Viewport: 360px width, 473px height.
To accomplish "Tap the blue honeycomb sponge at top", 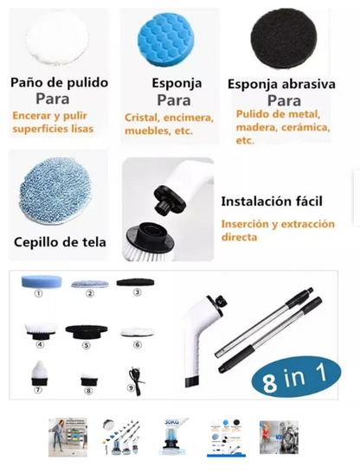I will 169,37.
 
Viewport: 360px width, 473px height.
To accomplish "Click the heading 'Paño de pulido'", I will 59,83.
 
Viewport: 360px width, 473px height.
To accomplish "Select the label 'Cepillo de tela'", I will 60,242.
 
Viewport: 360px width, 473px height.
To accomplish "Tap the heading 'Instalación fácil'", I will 272,201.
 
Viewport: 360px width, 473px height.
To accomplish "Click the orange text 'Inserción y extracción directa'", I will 272,231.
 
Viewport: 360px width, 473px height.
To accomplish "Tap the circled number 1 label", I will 38,294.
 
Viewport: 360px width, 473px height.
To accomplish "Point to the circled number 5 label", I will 86,345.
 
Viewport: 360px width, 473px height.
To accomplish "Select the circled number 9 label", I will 131,388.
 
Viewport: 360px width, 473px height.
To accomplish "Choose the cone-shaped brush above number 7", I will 38,373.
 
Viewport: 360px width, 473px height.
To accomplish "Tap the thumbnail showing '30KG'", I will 173,437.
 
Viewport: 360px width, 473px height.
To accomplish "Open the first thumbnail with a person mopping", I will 67,437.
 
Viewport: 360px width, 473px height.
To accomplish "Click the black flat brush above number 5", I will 86,330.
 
